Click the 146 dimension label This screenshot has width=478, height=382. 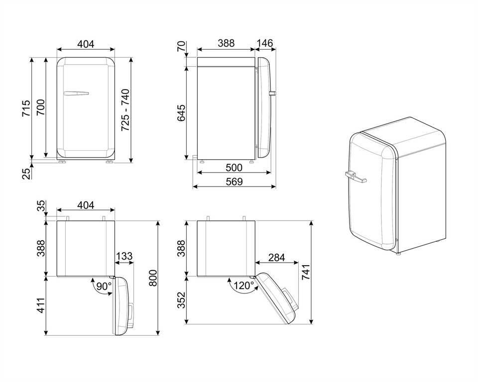[265, 44]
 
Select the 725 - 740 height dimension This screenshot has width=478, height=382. [125, 110]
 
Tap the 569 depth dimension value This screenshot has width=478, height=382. [234, 182]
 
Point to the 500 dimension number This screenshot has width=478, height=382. [234, 167]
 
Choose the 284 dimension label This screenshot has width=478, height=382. [276, 257]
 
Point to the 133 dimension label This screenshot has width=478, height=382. [124, 256]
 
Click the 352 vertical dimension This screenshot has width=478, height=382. [182, 300]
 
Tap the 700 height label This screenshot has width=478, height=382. [40, 108]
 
